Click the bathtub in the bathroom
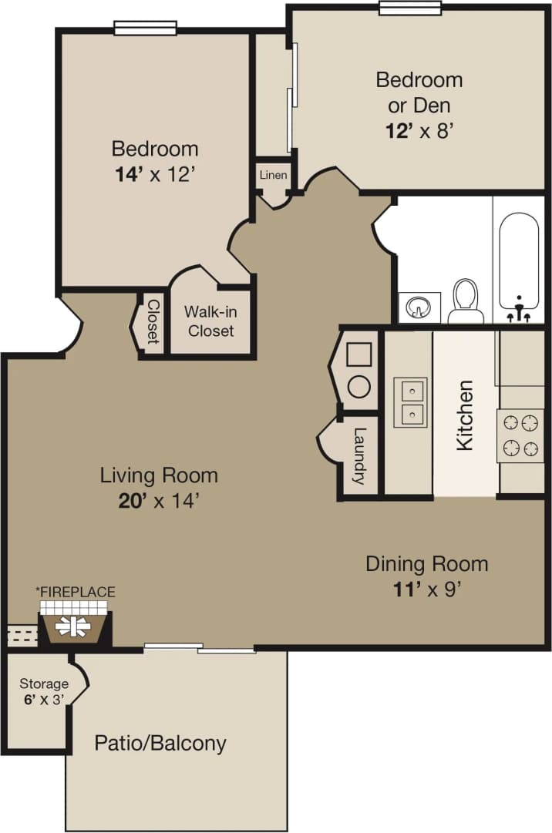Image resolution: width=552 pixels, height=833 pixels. click(519, 262)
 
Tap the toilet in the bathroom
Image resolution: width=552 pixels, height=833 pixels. click(465, 301)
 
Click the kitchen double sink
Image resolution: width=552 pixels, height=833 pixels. click(410, 403)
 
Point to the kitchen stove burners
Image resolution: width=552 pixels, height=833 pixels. click(520, 435)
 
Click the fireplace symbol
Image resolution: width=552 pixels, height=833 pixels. click(75, 625)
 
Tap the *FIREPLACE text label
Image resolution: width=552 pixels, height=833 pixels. click(76, 592)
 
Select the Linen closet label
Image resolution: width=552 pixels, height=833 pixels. click(273, 175)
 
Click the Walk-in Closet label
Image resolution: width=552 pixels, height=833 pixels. click(210, 321)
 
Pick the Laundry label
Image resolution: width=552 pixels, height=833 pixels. click(358, 456)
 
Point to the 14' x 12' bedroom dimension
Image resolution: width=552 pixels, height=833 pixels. click(154, 174)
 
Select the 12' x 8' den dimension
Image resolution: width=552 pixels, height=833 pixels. click(418, 129)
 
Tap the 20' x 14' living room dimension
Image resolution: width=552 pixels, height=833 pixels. click(159, 501)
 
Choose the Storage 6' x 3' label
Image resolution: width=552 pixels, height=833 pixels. click(44, 691)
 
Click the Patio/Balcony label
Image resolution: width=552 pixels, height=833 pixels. click(160, 743)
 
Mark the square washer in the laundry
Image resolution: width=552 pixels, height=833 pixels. click(358, 355)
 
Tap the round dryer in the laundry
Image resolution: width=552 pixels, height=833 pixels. click(358, 386)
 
